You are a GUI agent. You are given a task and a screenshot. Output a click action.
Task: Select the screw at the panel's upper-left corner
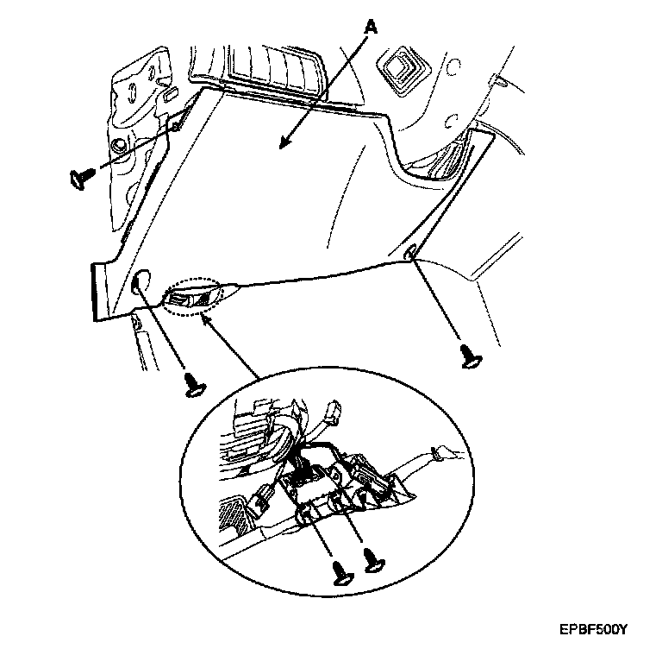coord(79,178)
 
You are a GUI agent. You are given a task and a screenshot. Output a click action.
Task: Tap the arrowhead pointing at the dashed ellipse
coord(204,317)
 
